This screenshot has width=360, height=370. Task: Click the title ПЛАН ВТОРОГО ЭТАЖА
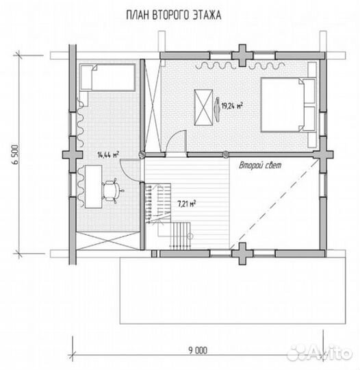(174, 15)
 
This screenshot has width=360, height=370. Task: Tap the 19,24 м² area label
(232, 106)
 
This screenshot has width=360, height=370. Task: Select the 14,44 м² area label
(108, 155)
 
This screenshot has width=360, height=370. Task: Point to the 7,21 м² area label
(187, 203)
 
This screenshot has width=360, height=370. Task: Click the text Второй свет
(260, 165)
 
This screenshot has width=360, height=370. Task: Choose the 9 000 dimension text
(198, 350)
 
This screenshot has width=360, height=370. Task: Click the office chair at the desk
(112, 190)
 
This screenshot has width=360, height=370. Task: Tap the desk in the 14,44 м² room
(93, 186)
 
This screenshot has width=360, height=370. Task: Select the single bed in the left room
(107, 77)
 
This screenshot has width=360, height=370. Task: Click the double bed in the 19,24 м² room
(288, 105)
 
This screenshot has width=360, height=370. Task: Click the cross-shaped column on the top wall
(242, 56)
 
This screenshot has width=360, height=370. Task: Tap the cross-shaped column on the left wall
(73, 155)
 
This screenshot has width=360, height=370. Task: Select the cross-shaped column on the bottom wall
(242, 254)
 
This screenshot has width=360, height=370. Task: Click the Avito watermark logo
(320, 354)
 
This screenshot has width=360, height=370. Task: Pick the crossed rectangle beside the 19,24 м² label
(203, 108)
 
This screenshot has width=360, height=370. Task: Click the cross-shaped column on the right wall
(323, 155)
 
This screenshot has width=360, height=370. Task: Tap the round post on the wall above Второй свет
(226, 154)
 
